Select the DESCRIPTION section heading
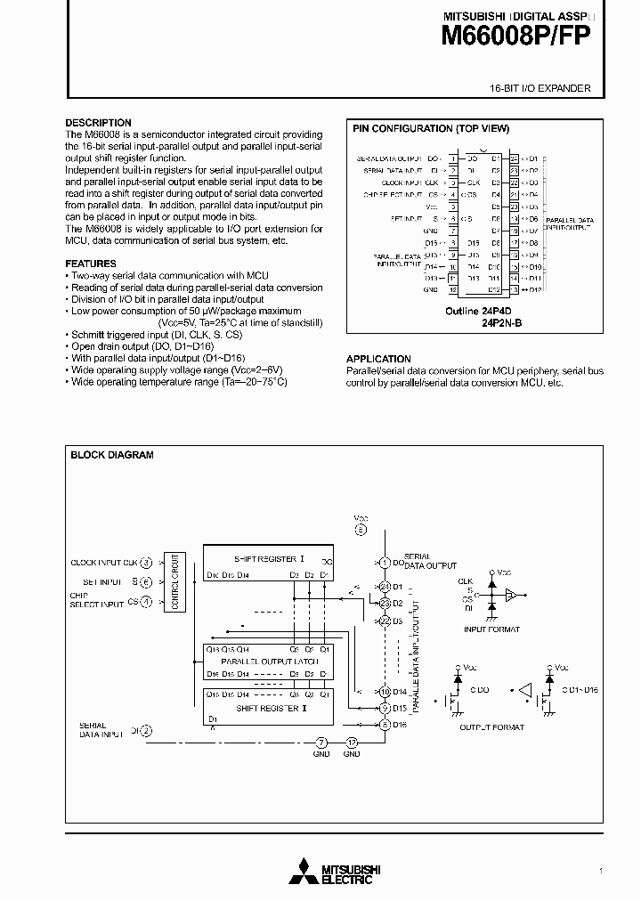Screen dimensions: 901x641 98,123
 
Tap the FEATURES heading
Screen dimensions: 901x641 91,264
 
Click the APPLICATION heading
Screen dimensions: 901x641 378,359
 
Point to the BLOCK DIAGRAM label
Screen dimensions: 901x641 112,455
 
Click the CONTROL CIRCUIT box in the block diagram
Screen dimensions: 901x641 175,582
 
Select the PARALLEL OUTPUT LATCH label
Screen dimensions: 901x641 268,662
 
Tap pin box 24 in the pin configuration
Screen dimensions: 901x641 513,158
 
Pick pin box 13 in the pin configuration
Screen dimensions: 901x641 513,289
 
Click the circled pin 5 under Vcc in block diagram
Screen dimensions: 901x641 361,530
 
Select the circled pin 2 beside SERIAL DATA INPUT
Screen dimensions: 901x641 146,731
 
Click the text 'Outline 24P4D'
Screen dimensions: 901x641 475,312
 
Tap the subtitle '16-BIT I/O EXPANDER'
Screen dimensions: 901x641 540,89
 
